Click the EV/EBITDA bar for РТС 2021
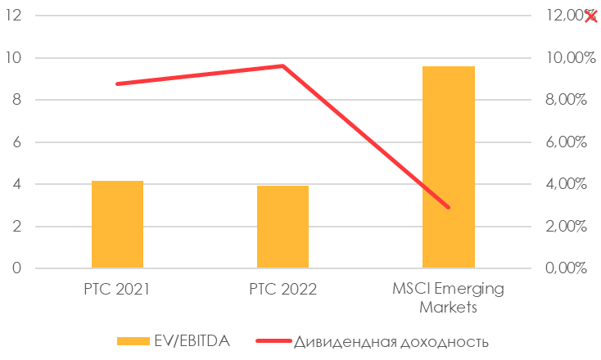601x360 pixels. (117, 224)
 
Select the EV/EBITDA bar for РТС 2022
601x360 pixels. (282, 227)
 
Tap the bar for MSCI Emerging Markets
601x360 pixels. (448, 167)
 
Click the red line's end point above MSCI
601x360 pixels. (448, 207)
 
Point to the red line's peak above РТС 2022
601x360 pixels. (282, 66)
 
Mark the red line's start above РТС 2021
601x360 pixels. (117, 83)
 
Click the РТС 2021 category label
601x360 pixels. (117, 289)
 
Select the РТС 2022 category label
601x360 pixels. (282, 289)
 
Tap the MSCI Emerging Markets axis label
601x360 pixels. (449, 298)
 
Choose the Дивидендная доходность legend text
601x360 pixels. (391, 340)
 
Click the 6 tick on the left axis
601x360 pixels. (19, 142)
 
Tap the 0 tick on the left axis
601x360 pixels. (19, 268)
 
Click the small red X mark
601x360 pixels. (591, 16)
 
